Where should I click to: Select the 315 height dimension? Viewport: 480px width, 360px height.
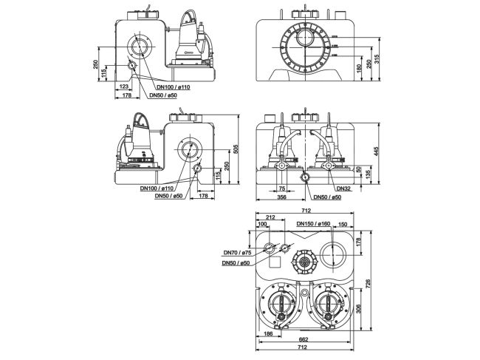[x=377, y=58]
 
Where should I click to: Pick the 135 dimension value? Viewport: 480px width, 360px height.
[x=368, y=177]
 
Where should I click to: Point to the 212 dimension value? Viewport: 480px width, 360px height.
[x=271, y=217]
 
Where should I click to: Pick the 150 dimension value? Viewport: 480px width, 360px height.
[x=341, y=224]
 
